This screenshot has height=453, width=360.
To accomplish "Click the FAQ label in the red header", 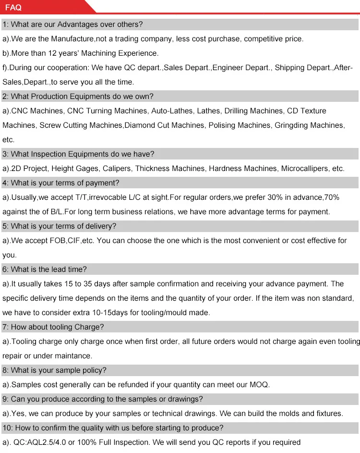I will pyautogui.click(x=13, y=8).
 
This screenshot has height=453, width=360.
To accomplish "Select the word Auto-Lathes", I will pyautogui.click(x=172, y=111).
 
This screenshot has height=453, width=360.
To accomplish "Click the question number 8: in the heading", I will pyautogui.click(x=5, y=370).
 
